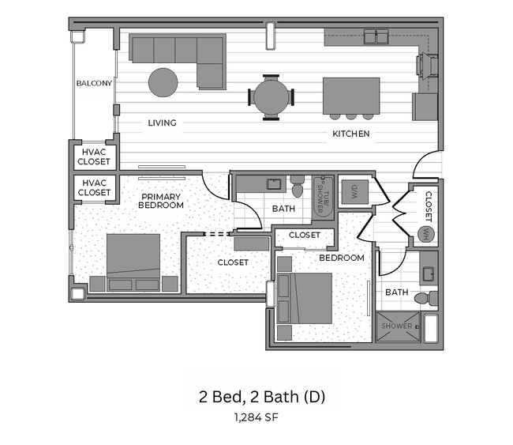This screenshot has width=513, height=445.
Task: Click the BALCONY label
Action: click(94, 83)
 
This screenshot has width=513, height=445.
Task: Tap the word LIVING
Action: click(162, 123)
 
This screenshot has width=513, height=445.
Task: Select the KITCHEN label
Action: click(350, 134)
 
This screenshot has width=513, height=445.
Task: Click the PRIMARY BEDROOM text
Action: click(161, 201)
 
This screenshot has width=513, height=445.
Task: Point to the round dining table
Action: click(271, 96)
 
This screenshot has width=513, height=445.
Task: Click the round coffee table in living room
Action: click(163, 82)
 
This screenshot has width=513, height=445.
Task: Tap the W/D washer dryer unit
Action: click(353, 191)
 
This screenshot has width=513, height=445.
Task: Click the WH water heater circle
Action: click(426, 234)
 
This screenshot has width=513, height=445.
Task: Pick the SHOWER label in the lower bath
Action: click(397, 326)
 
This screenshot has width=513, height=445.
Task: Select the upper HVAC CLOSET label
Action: click(94, 156)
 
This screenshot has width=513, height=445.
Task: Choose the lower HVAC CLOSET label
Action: click(94, 187)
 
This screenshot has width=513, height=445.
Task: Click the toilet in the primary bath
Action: click(297, 188)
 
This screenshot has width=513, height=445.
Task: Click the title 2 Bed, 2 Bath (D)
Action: click(261, 395)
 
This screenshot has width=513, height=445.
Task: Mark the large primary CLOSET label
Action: click(233, 262)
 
